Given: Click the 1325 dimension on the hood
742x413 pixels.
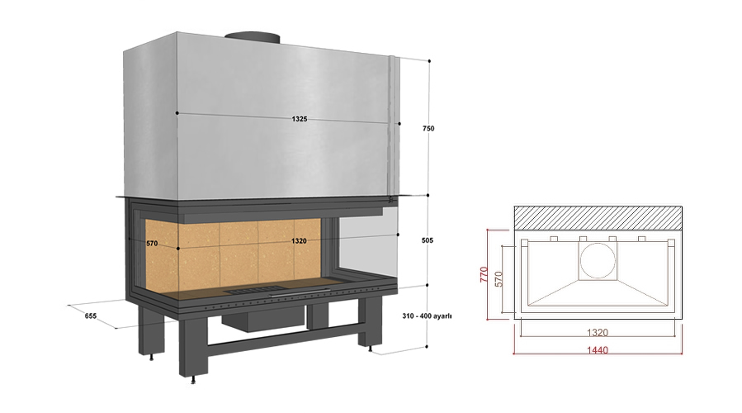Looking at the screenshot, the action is tap(300, 119).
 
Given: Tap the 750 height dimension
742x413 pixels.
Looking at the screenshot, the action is tap(428, 128).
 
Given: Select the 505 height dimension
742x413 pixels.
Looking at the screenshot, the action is tap(428, 240).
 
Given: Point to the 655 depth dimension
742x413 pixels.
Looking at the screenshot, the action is tap(91, 316).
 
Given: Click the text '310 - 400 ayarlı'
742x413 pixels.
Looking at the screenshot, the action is tap(427, 316).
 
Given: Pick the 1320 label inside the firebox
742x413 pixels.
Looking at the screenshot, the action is tap(299, 241).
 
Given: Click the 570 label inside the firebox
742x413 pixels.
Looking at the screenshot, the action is tap(152, 244).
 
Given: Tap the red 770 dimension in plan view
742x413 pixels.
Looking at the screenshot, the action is tap(484, 275).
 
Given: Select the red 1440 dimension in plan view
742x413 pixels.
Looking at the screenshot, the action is tap(598, 350).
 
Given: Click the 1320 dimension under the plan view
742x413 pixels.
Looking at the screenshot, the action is tap(598, 333).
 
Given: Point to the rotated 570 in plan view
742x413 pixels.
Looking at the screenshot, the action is tap(498, 279).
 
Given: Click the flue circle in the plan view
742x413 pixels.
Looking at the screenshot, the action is tap(598, 261).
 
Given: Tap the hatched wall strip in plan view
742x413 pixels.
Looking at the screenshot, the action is tap(598, 218).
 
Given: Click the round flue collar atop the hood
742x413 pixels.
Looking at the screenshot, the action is tap(253, 37).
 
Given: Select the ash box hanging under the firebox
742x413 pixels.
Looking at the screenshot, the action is tap(263, 317).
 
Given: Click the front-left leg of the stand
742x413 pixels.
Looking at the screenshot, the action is tap(193, 346).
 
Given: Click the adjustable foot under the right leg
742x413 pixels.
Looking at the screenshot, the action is tap(370, 349).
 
